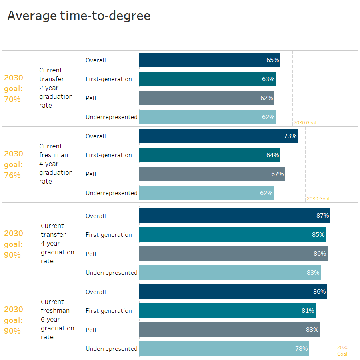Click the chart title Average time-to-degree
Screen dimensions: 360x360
(79, 16)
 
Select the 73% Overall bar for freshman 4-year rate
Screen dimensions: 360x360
(218, 136)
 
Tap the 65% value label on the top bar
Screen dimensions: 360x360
(272, 60)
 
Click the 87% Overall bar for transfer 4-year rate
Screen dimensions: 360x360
(234, 216)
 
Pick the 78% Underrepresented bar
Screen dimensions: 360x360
(224, 348)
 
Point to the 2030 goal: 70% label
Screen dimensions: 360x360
(13, 88)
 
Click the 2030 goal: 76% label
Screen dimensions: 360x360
(13, 164)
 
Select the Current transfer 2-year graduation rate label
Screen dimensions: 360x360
(56, 88)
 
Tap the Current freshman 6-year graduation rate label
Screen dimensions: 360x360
(57, 320)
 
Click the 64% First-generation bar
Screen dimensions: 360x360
(210, 155)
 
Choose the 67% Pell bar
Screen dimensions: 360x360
(212, 174)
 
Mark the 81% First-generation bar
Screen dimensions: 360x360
(227, 310)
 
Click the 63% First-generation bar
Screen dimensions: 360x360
(208, 79)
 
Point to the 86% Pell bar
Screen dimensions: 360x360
(233, 254)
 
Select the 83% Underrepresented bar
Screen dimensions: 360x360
(230, 272)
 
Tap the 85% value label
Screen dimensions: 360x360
(318, 235)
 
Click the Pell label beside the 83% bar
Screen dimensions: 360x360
(91, 330)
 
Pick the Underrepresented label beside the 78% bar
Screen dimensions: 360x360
(111, 348)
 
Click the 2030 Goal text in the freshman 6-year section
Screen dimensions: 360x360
(343, 350)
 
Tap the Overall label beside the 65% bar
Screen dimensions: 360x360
(96, 60)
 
